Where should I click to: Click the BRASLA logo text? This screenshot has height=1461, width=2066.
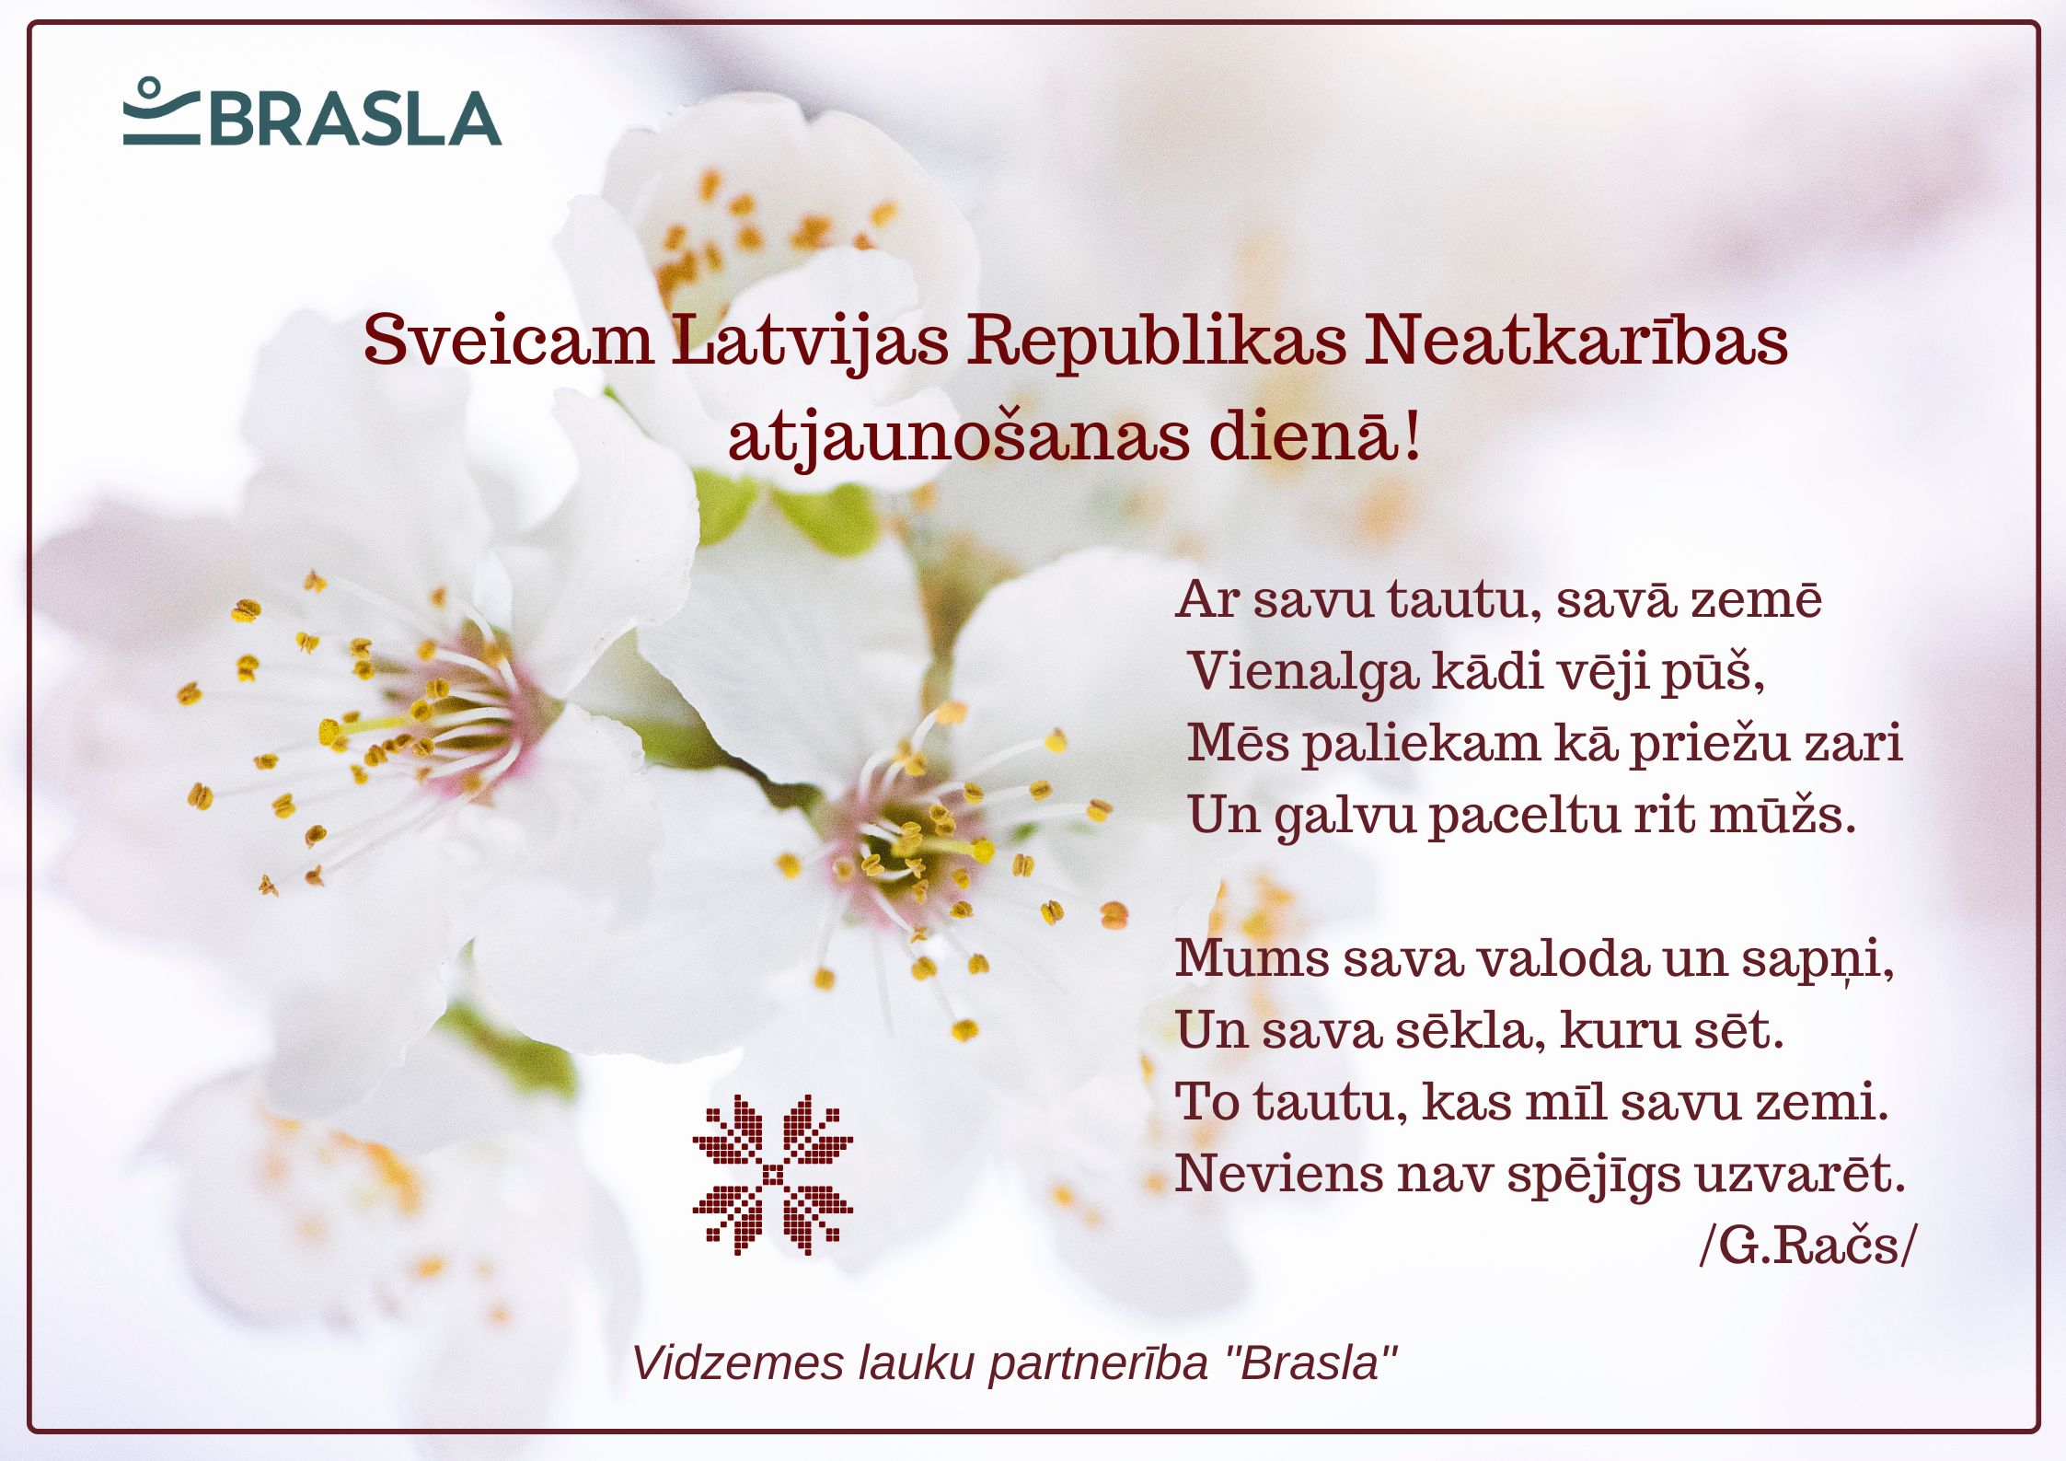click(355, 119)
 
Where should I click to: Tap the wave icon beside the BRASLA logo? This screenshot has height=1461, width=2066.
click(161, 111)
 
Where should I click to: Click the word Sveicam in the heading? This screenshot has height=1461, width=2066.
click(508, 341)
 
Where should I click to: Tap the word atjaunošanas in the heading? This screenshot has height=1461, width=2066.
click(959, 440)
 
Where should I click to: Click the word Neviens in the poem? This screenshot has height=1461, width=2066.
click(1279, 1174)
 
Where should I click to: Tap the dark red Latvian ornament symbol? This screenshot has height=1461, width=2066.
click(773, 1175)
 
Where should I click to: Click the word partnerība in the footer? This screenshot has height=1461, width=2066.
click(1098, 1364)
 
